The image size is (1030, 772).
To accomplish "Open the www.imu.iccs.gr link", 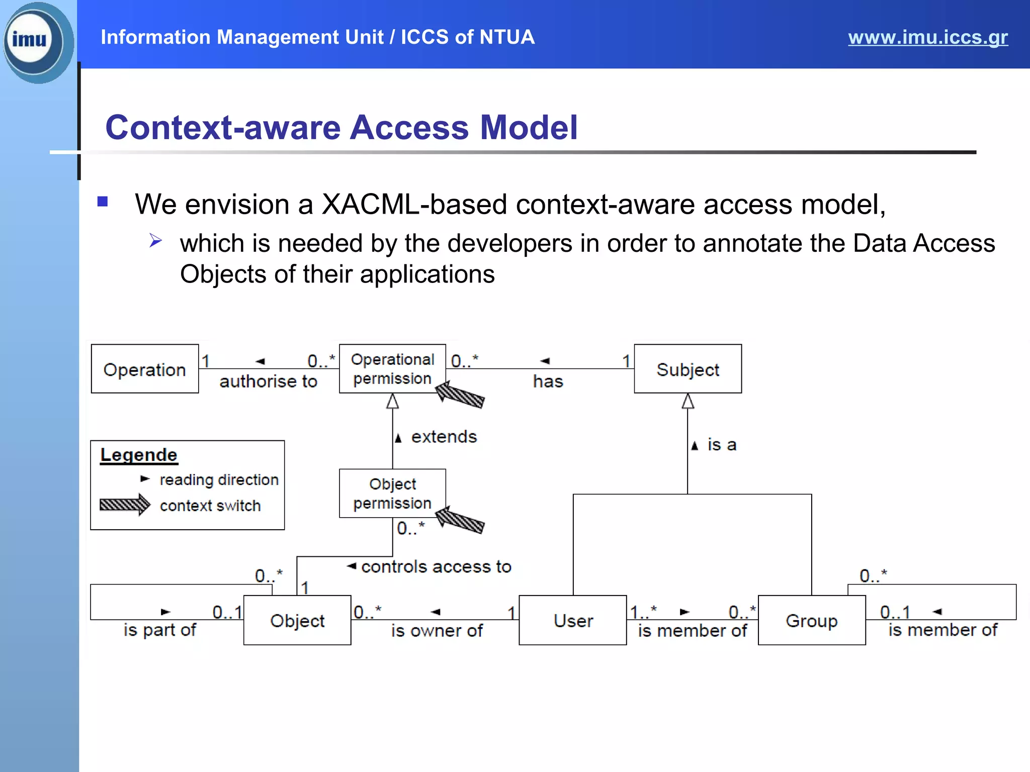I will (x=927, y=37).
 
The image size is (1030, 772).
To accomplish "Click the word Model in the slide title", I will (x=529, y=127).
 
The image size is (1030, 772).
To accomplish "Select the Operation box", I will (x=145, y=369).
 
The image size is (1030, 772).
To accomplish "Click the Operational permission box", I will (x=392, y=369).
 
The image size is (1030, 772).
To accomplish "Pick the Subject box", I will (x=688, y=369).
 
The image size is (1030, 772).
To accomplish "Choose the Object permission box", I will (x=392, y=494).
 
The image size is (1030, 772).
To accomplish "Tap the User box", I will (x=573, y=620).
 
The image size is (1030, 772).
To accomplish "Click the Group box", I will (x=811, y=620).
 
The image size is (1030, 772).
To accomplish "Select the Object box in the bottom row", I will (x=297, y=620).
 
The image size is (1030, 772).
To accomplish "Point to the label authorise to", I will (x=268, y=381).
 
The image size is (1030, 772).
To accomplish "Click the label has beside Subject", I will (x=548, y=381).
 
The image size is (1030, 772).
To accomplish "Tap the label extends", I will (x=444, y=437).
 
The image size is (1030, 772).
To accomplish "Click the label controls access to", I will (x=436, y=567).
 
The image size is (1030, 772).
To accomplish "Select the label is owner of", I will (x=437, y=631).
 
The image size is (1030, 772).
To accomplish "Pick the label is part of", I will (x=159, y=630).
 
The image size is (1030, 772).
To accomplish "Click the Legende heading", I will (x=139, y=455).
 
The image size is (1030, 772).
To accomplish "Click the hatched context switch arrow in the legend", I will (x=124, y=505).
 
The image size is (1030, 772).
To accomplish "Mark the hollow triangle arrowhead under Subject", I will (x=688, y=401).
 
